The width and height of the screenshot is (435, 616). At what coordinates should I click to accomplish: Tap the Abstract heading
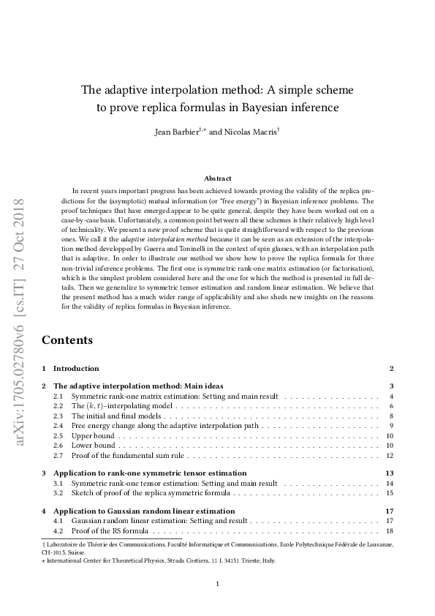click(x=217, y=179)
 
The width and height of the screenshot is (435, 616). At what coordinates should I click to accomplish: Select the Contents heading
click(x=67, y=340)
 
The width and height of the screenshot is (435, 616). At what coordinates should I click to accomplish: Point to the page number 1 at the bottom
click(x=217, y=583)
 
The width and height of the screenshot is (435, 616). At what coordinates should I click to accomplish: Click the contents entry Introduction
click(x=76, y=368)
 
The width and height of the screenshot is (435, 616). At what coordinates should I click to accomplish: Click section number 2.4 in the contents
click(x=58, y=425)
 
